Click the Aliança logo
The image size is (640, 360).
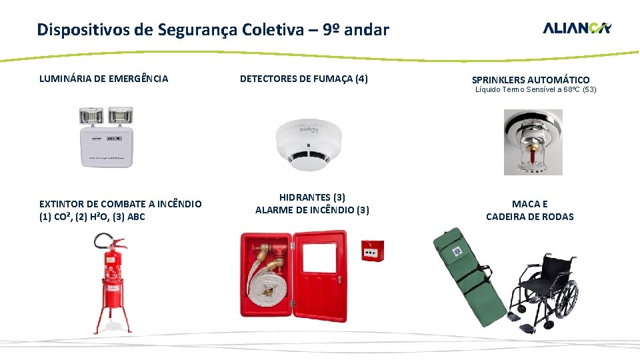pyautogui.click(x=577, y=28)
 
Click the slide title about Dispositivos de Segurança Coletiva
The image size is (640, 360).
pyautogui.click(x=213, y=30)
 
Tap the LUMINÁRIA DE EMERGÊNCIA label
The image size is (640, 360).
pyautogui.click(x=104, y=79)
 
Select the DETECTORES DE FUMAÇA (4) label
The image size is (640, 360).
pyautogui.click(x=303, y=79)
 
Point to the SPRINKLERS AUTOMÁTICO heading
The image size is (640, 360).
pyautogui.click(x=531, y=80)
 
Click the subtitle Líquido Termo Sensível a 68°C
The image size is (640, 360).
pyautogui.click(x=535, y=89)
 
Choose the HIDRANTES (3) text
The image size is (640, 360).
pyautogui.click(x=312, y=197)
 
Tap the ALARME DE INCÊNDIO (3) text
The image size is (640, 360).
pyautogui.click(x=312, y=210)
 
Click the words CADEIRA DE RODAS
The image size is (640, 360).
pyautogui.click(x=529, y=216)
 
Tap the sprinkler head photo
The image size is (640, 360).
pyautogui.click(x=533, y=143)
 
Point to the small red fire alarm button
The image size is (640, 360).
pyautogui.click(x=373, y=251)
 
